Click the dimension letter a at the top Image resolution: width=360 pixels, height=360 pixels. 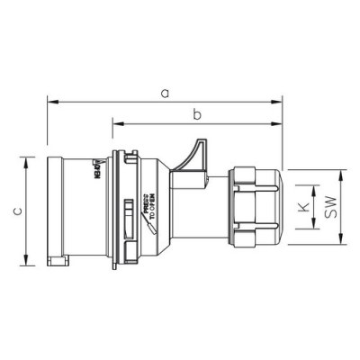pyautogui.click(x=163, y=92)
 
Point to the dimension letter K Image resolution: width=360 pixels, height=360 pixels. pyautogui.click(x=302, y=208)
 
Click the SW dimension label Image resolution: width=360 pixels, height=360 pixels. pyautogui.click(x=332, y=208)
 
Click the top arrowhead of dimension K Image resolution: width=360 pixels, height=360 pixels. pyautogui.click(x=313, y=189)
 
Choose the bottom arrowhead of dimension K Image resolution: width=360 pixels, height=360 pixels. pyautogui.click(x=313, y=228)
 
